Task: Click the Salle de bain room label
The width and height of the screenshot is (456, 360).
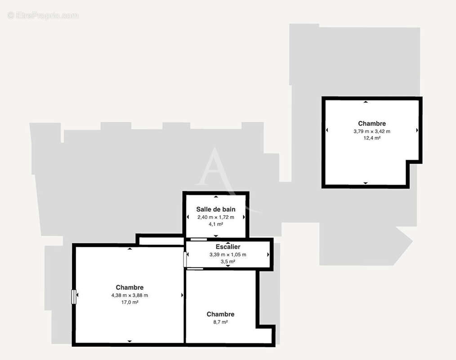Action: tap(216, 209)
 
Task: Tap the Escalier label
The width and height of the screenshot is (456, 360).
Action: tap(228, 247)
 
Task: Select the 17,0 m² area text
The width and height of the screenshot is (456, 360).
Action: tap(130, 302)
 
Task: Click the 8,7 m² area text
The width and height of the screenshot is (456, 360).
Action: tap(220, 322)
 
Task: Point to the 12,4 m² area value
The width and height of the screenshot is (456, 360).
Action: tap(372, 138)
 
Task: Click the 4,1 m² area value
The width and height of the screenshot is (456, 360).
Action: tap(216, 224)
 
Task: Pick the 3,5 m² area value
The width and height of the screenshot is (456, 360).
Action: tap(228, 261)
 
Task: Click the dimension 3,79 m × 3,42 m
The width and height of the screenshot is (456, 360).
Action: tap(372, 131)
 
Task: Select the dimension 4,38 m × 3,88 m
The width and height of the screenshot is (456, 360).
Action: tap(130, 295)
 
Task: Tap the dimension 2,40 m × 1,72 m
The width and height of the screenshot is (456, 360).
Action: tap(216, 217)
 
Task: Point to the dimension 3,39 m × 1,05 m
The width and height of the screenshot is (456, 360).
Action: tap(228, 254)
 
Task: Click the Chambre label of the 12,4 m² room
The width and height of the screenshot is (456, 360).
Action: tap(372, 123)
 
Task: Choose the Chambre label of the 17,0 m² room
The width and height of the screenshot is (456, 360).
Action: tap(130, 288)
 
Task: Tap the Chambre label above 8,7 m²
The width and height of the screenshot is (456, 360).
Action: tap(220, 314)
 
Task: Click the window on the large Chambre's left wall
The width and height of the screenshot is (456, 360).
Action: tap(74, 296)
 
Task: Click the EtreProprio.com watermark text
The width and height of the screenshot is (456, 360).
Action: tap(43, 16)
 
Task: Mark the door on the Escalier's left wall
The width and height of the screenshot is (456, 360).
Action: tap(185, 259)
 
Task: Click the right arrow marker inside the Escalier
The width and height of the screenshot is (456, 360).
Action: tap(268, 255)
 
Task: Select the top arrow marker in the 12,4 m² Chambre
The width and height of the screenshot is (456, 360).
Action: tap(366, 102)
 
